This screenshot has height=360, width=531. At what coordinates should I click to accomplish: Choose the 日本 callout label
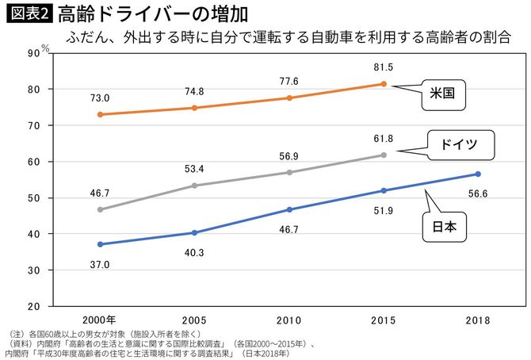442,228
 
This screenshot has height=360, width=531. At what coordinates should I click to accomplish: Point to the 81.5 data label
383,67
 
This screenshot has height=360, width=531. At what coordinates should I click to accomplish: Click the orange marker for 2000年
99,114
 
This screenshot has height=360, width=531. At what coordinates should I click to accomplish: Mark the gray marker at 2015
384,155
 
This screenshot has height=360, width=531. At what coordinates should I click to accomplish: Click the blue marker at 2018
478,174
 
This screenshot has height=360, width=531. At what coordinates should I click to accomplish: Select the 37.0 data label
99,264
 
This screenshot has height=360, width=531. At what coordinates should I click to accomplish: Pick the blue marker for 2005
194,232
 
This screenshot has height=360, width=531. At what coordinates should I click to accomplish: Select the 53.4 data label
194,169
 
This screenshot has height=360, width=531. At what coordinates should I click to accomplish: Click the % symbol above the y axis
45,47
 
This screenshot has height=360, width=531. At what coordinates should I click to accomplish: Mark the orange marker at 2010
288,98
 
